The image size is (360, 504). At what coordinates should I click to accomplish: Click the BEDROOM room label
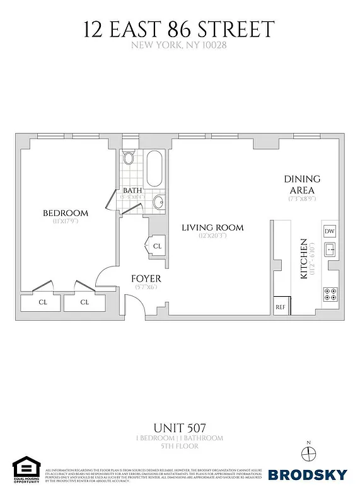pos(66,213)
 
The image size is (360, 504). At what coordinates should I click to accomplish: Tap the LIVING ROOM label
pos(212,227)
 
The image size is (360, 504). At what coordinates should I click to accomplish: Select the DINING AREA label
pos(302,184)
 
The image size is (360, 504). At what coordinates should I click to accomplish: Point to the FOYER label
pos(146,278)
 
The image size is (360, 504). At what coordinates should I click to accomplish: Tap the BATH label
pos(132,190)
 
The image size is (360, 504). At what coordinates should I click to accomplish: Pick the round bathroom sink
pos(158,203)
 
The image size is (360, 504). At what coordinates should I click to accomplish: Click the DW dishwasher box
pos(329,231)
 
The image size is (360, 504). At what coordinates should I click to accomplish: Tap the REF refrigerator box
pos(281,307)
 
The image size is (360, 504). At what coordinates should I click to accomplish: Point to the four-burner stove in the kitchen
pos(329,293)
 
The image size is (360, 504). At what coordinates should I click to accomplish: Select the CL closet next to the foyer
pos(156,246)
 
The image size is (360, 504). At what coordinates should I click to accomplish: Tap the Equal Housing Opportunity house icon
pos(26,468)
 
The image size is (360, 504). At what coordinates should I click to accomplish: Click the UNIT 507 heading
pos(180,427)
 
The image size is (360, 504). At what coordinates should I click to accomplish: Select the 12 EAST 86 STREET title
pos(180,28)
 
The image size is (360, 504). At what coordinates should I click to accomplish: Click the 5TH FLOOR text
pos(180,446)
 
